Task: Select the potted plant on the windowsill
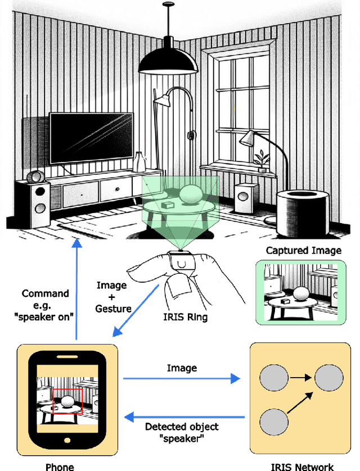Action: (262, 160)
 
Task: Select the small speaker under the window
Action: (244, 194)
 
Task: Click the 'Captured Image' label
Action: (303, 251)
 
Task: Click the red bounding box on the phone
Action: (67, 401)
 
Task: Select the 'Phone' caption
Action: (60, 466)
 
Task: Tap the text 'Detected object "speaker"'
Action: (182, 433)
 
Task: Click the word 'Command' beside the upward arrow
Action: (45, 293)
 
